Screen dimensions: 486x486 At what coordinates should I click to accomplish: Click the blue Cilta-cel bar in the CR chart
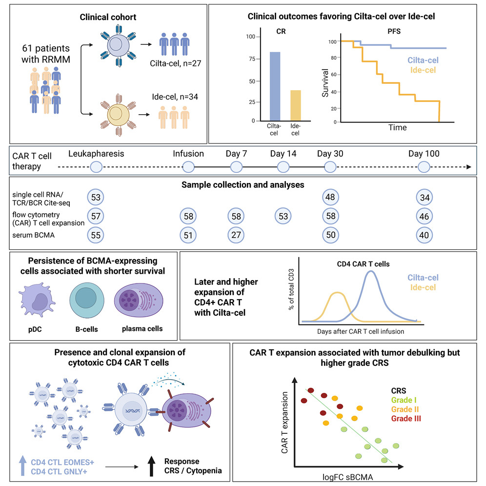[x=274, y=86]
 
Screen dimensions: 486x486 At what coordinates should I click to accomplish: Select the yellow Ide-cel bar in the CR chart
[x=296, y=105]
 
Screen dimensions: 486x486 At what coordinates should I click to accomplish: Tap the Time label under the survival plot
[x=397, y=127]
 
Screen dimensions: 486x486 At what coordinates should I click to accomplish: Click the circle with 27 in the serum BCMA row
[x=236, y=234]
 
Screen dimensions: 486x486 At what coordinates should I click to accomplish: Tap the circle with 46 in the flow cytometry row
[x=424, y=215]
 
